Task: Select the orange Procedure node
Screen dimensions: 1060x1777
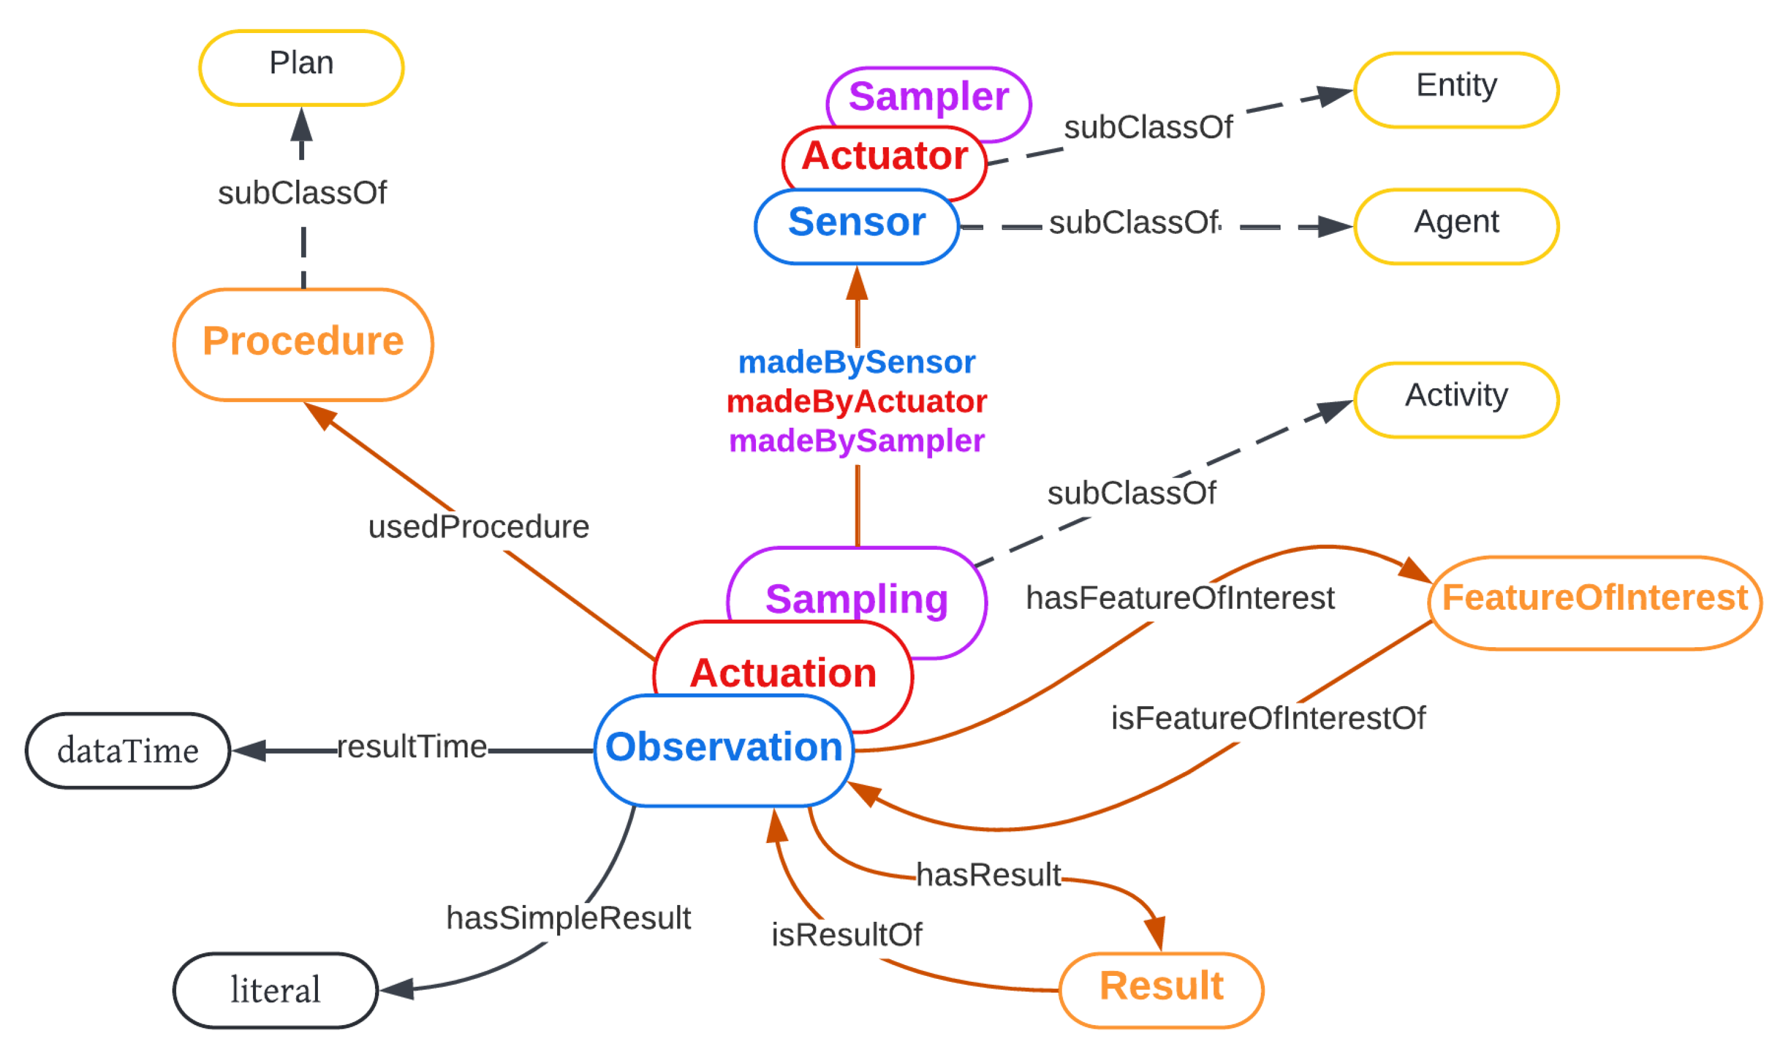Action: pyautogui.click(x=303, y=343)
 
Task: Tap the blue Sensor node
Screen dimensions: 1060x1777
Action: pyautogui.click(x=856, y=224)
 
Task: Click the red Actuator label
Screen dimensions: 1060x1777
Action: pyautogui.click(x=884, y=156)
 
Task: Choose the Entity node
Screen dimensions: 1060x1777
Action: pyautogui.click(x=1455, y=88)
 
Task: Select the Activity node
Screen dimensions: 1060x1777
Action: pyautogui.click(x=1455, y=398)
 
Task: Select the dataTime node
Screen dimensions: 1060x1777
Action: pyautogui.click(x=128, y=750)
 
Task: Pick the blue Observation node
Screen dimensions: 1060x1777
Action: pyautogui.click(x=724, y=749)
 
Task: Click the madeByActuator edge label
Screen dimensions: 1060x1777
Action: pyautogui.click(x=856, y=401)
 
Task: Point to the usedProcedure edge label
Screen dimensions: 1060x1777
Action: pyautogui.click(x=478, y=527)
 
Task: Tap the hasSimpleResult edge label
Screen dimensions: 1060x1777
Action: pyautogui.click(x=568, y=918)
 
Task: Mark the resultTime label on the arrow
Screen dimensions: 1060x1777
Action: pyautogui.click(x=412, y=746)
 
